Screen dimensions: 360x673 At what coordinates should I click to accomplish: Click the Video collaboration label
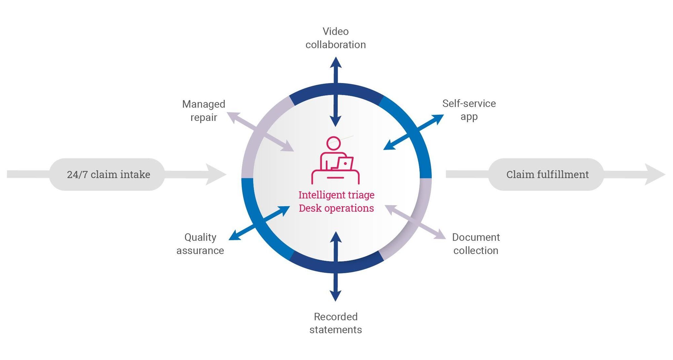pos(335,38)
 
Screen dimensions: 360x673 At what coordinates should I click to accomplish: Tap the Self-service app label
pos(469,110)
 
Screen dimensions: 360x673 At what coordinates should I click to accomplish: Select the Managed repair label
pos(204,111)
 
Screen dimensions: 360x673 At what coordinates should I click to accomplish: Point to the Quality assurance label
pos(200,244)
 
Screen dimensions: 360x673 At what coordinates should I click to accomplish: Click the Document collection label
pos(475,244)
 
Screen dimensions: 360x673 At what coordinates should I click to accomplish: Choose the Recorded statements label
pos(335,323)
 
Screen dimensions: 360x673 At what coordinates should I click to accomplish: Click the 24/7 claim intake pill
pos(108,174)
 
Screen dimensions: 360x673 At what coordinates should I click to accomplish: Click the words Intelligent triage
pos(336,195)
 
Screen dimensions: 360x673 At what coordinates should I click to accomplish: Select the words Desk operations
pos(336,208)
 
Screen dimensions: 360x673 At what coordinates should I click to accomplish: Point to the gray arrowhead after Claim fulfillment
pos(654,174)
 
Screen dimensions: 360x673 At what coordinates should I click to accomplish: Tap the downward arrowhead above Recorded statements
pos(335,296)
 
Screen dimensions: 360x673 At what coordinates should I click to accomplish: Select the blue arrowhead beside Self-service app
pos(437,118)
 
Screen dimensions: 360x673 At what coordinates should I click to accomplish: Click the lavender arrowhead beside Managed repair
pos(233,116)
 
